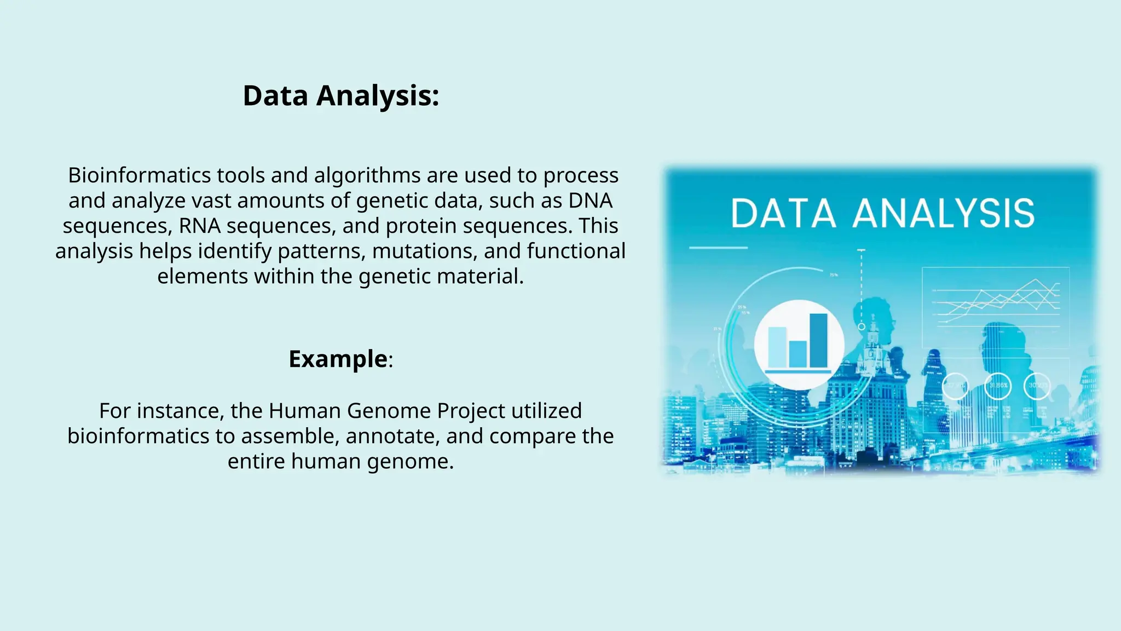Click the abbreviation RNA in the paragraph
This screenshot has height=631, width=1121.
(x=199, y=226)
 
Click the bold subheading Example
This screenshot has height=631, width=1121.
(x=338, y=359)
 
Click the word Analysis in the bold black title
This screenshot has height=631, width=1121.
(x=378, y=96)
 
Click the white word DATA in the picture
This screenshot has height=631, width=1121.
(x=783, y=214)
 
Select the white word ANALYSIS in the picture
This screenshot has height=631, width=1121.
(x=944, y=214)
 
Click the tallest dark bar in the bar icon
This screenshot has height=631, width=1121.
(x=818, y=340)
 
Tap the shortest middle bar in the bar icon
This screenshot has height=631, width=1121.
(x=798, y=354)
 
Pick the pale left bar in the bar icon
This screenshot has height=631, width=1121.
(x=777, y=347)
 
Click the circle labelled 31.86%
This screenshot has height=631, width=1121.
(x=998, y=386)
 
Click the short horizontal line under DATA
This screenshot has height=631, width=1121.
(x=718, y=248)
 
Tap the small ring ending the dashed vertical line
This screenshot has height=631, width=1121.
(x=861, y=326)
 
